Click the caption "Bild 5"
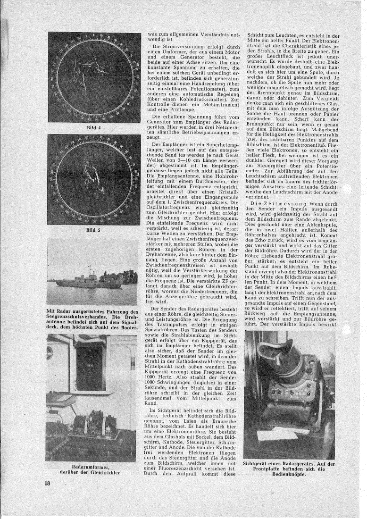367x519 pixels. point(94,230)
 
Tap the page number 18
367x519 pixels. point(48,484)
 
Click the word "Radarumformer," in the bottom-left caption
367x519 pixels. point(93,467)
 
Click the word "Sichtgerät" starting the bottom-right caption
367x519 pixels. point(259,463)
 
